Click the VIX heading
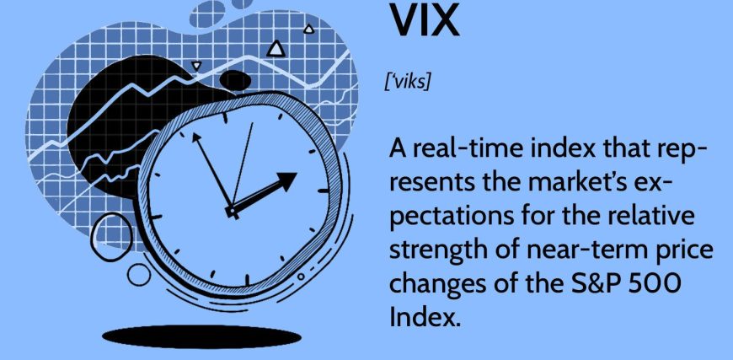tap(425, 20)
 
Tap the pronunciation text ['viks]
tap(407, 83)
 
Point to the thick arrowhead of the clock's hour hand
tap(285, 180)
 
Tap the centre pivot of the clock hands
tap(232, 212)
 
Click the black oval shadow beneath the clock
tap(201, 336)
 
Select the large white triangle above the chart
tap(276, 49)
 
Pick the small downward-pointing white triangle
tap(196, 66)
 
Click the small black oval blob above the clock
tap(235, 80)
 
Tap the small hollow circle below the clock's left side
tap(139, 275)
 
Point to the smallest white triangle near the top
tap(308, 30)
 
